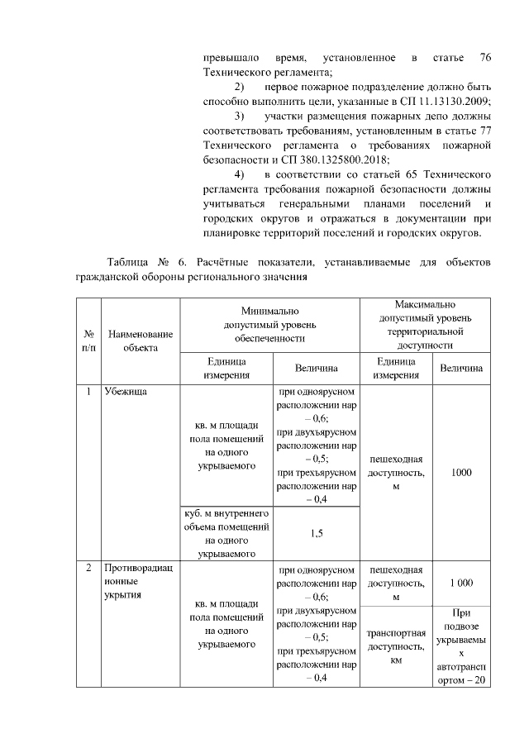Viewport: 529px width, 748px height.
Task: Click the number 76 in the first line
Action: (485, 59)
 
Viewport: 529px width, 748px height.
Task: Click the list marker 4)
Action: (239, 174)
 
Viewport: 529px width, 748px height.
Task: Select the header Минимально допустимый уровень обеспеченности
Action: (269, 325)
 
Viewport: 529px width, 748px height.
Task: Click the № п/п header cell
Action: (88, 341)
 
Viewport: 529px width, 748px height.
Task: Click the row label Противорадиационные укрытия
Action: (132, 582)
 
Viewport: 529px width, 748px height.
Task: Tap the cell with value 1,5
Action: (317, 533)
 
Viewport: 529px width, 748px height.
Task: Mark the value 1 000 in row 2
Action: (461, 584)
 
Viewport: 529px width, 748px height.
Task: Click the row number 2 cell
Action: (88, 569)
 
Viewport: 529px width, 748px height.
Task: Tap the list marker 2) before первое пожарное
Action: (239, 87)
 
